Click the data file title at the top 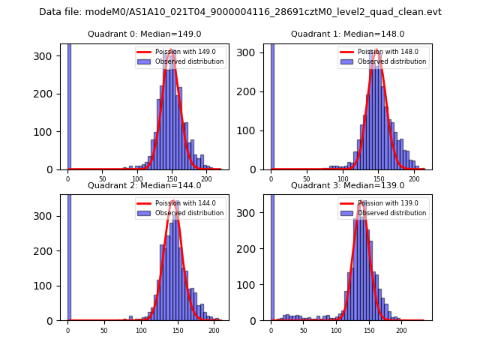pos(240,12)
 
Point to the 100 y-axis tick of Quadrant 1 pos(255,131)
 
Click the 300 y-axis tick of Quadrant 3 pos(255,216)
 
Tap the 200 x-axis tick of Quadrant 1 pos(414,179)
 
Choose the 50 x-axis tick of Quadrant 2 pos(104,330)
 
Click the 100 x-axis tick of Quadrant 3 pos(336,330)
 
